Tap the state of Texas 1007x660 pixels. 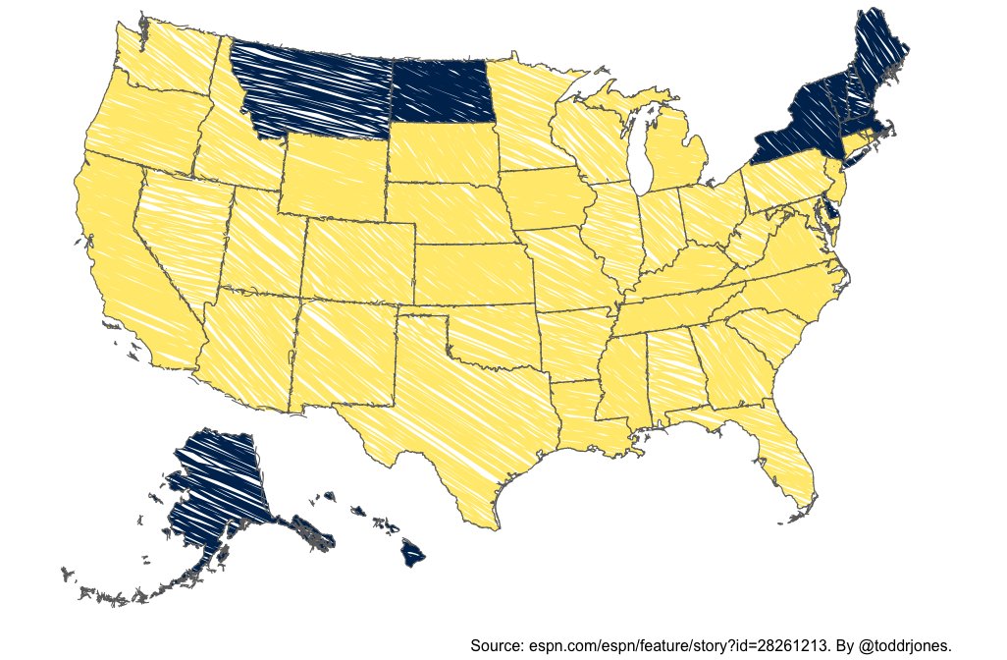point(442,412)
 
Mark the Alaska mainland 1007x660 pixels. point(216,481)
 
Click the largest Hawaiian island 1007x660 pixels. point(413,556)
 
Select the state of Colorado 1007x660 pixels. point(358,261)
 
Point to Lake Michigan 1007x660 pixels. point(643,147)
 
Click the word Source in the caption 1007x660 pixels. point(497,645)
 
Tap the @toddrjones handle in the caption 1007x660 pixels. point(903,645)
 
